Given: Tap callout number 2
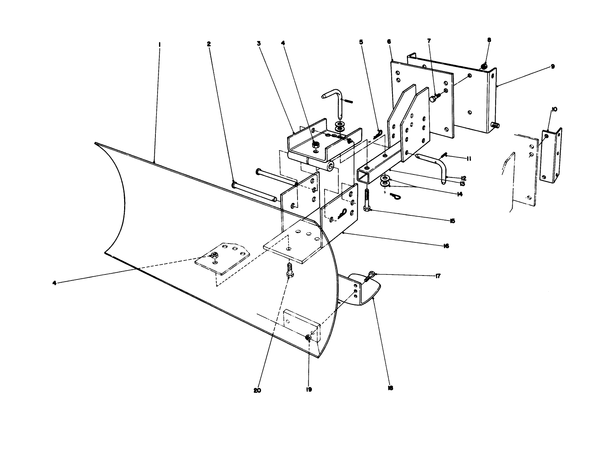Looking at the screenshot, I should pos(208,44).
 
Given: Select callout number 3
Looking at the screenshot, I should pos(258,43).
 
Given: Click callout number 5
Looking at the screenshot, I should pos(361,42).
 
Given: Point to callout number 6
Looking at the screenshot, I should pos(389,41).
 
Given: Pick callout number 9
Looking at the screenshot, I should pos(553,67).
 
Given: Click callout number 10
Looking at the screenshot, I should pos(554,109).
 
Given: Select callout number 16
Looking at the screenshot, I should pos(446,246).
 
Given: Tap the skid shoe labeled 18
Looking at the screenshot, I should pos(363,290).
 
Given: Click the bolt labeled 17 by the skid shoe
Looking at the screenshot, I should pos(371,277).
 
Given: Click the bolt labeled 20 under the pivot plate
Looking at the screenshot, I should pos(289,270).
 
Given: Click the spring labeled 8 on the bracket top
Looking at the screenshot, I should pos(485,66).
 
